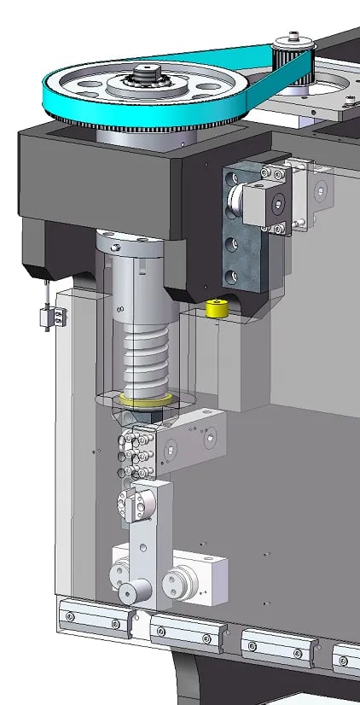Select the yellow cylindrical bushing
(x=218, y=310)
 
